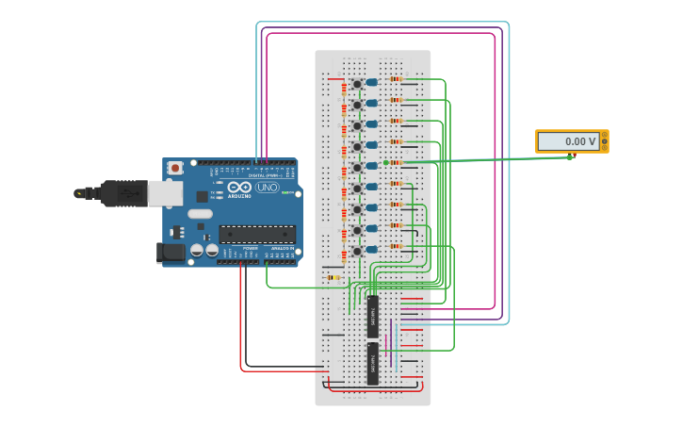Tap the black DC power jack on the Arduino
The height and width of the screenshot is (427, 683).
pos(171,252)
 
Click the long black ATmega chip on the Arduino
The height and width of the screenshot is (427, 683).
pos(256,235)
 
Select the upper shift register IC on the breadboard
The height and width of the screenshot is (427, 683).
pos(372,317)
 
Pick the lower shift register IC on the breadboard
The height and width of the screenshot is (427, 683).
pos(372,363)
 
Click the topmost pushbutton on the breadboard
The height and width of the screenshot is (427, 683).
pos(357,84)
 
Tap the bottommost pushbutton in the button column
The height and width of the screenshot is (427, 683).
pos(357,252)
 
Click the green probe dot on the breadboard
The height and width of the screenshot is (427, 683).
pos(385,162)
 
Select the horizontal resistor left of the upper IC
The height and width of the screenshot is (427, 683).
pos(333,277)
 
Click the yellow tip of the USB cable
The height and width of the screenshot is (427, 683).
pos(79,193)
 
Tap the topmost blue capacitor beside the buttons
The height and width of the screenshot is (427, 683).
pos(372,83)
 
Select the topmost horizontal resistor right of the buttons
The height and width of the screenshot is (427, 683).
pos(396,78)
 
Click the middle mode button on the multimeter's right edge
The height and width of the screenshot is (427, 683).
pos(605,141)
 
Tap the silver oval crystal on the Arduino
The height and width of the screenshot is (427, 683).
pos(200,214)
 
